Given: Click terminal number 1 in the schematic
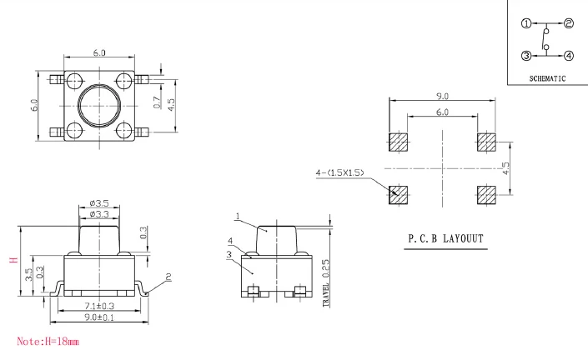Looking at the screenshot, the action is (x=526, y=23).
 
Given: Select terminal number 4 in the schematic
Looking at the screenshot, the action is (x=569, y=56).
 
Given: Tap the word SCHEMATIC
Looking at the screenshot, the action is (x=547, y=78).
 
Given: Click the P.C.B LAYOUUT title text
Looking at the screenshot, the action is (x=445, y=238).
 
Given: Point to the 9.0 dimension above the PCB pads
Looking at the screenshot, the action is (x=443, y=97).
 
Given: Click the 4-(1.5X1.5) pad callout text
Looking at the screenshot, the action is (x=339, y=172).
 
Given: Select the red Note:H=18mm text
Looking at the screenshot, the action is (x=48, y=342).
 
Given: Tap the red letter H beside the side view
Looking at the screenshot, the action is (x=13, y=260).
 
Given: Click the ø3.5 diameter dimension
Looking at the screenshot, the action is (x=99, y=203).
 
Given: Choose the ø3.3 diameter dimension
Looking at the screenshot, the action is (x=99, y=214).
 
